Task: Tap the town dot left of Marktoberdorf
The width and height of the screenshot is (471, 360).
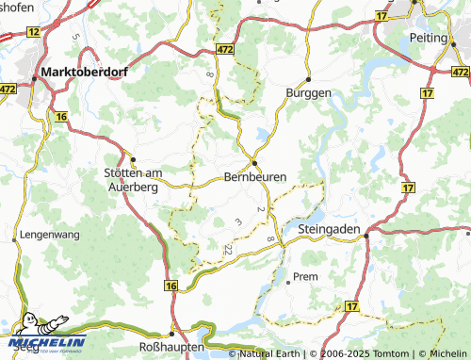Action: coord(39,72)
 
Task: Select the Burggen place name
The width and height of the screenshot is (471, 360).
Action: coord(308,92)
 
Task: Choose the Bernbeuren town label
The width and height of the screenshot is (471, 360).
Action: coord(255,176)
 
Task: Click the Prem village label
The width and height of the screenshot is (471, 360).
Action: coord(305,277)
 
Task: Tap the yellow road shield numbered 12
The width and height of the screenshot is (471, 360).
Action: coord(34,31)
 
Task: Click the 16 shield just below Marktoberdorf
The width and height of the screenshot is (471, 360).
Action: coord(62,116)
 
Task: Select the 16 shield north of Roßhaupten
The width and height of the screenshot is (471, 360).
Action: coord(171,285)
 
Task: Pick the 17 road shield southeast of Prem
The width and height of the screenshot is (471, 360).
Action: coord(351,306)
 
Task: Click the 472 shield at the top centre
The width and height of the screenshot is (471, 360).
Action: coord(224,47)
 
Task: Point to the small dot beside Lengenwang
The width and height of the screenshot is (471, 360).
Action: coord(15,241)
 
